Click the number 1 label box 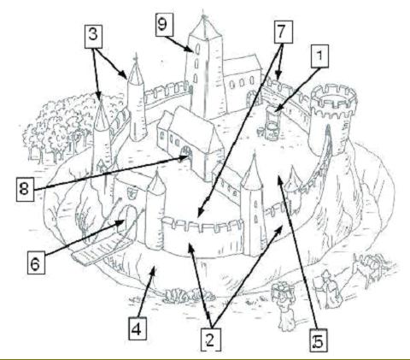click(319, 56)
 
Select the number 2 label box click(211, 339)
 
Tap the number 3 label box click(93, 36)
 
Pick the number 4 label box click(138, 328)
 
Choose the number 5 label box click(319, 340)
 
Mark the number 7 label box click(284, 32)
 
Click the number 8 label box click(25, 189)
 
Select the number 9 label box click(164, 25)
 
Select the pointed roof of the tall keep click(204, 27)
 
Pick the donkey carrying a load click(369, 268)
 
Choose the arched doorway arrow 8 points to click(186, 154)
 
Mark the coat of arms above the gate click(132, 192)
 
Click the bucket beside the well click(261, 133)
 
